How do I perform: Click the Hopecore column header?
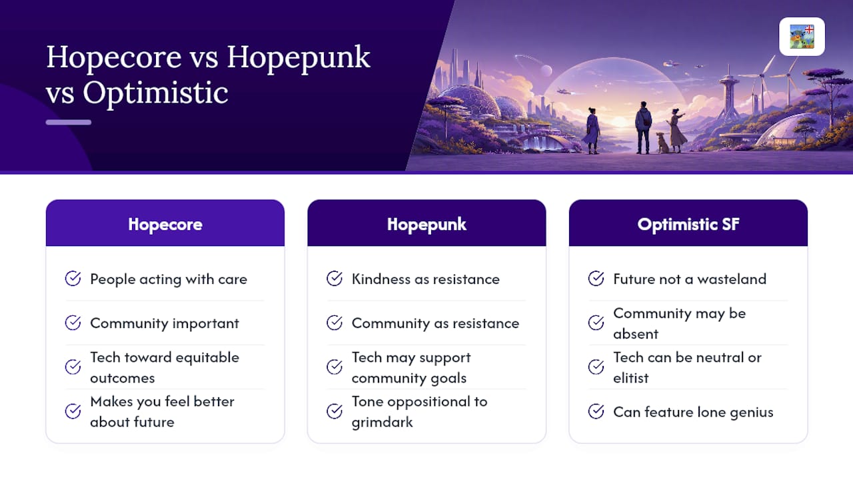point(165,224)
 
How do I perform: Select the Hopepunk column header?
point(426,224)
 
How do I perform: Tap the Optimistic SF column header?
point(688,224)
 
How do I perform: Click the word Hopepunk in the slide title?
point(298,58)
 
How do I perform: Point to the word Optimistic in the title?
point(155,93)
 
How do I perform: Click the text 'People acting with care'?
point(169,279)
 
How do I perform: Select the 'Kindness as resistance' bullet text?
point(425,279)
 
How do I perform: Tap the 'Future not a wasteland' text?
point(690,279)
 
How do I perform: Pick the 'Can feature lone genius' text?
point(693,412)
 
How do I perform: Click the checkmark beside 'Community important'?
point(73,323)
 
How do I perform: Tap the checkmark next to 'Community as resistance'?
point(335,323)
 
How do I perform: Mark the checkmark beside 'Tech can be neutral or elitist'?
point(596,367)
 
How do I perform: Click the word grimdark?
point(382,422)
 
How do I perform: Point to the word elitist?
point(630,378)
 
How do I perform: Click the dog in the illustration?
point(662,143)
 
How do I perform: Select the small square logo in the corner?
point(802,37)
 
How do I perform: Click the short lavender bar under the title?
point(69,122)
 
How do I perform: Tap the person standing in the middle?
point(643,127)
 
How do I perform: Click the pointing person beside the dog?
point(676,131)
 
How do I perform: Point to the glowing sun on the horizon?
point(620,121)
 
